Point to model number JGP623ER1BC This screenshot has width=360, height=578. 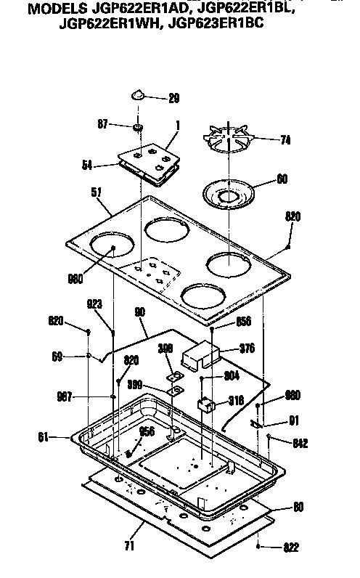pyautogui.click(x=217, y=24)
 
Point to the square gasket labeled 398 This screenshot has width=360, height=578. pyautogui.click(x=173, y=376)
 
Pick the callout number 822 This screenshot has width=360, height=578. pyautogui.click(x=289, y=547)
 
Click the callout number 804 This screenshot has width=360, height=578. pyautogui.click(x=231, y=375)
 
